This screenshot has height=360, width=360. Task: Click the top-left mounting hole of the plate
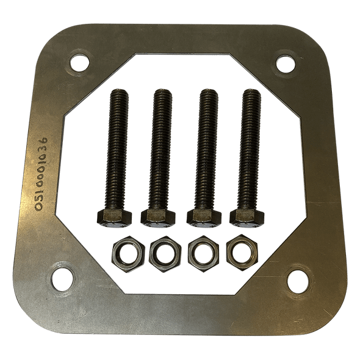(x=77, y=61)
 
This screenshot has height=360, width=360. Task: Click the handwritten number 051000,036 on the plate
(x=41, y=174)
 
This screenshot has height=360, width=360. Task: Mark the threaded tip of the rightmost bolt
(x=251, y=94)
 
